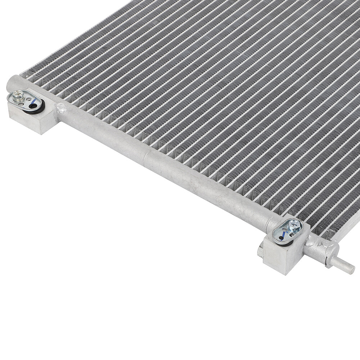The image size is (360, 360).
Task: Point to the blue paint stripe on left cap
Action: coord(33,102)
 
